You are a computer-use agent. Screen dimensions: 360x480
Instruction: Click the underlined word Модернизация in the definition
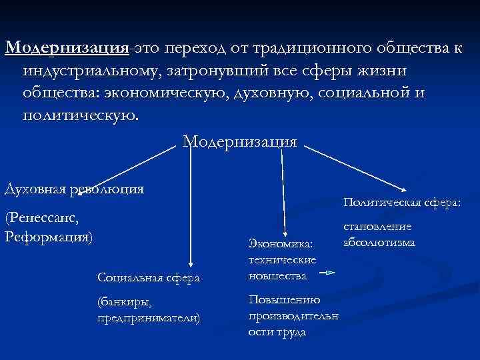pos(67,49)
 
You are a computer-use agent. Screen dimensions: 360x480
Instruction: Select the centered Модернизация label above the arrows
pos(239,141)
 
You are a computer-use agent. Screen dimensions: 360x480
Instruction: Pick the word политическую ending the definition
pos(81,114)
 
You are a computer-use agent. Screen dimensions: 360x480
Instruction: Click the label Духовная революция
pos(74,189)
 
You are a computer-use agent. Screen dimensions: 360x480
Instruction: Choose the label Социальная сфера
pos(148,276)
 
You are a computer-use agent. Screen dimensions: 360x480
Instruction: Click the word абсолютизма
pos(378,241)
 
